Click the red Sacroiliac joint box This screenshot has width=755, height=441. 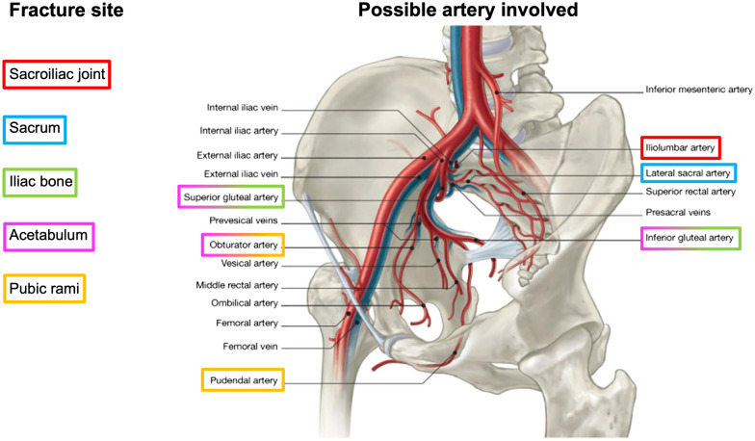(57, 73)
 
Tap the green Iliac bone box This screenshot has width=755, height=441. (41, 181)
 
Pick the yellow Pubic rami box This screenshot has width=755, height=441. (45, 288)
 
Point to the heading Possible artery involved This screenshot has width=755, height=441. (467, 13)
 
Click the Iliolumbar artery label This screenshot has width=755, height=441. (681, 148)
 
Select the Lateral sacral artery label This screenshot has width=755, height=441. (688, 173)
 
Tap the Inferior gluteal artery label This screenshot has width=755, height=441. (690, 237)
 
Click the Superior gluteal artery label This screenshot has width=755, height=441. (231, 198)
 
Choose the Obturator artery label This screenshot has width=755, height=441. (244, 246)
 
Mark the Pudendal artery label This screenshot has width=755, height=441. (243, 381)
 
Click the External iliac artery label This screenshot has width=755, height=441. (240, 155)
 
